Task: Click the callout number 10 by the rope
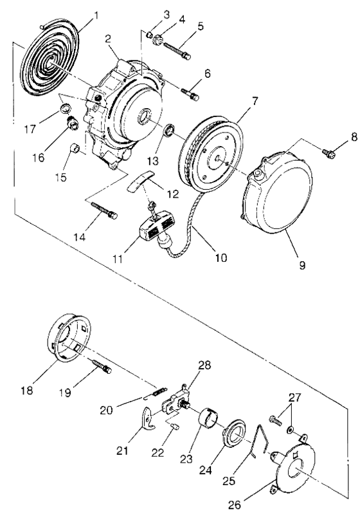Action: coord(220,259)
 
